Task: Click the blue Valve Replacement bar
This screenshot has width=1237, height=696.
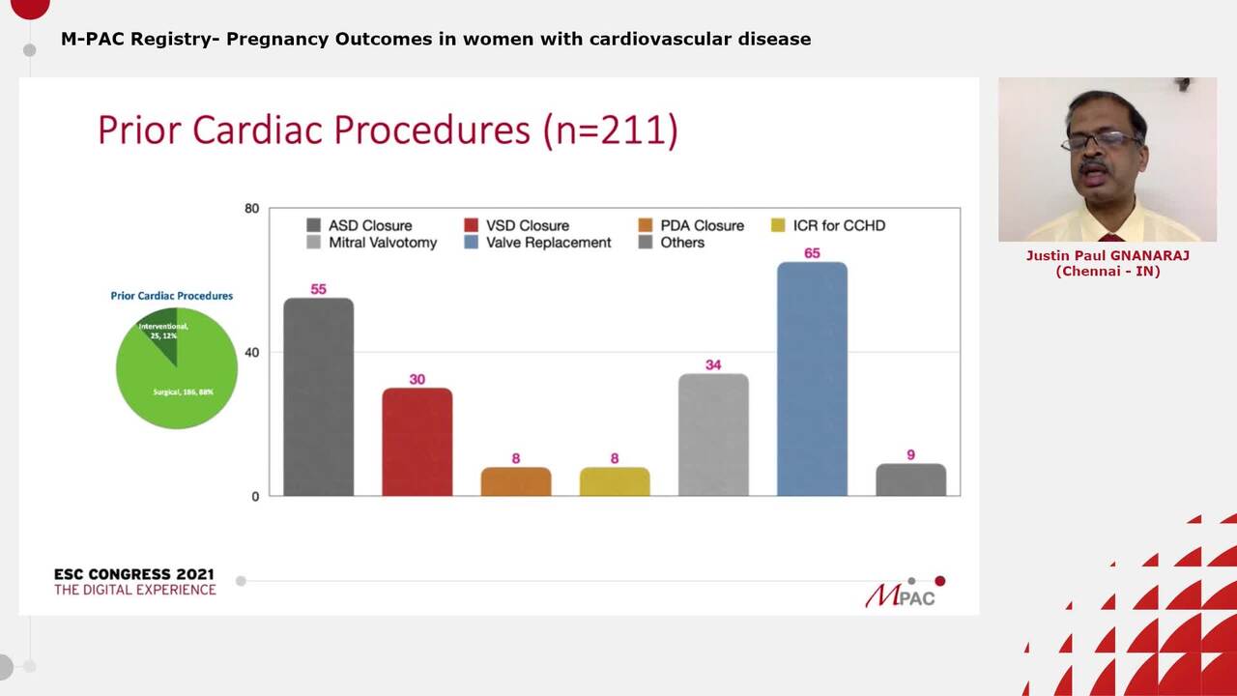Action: tap(812, 379)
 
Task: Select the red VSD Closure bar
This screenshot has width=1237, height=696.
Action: tap(417, 442)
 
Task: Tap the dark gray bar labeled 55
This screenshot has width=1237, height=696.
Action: tap(318, 397)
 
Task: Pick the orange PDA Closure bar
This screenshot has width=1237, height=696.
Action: tap(515, 481)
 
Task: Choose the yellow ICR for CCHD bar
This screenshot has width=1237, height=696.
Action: tap(615, 481)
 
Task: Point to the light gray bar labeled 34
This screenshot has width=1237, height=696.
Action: tap(713, 435)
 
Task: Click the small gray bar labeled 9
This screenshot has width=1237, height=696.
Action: tap(910, 479)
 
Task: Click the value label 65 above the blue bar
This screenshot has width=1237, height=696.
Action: tap(812, 253)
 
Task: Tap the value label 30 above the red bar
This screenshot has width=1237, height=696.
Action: tap(417, 379)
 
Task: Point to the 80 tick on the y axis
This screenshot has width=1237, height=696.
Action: tap(251, 208)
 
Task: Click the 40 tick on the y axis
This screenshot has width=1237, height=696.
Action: tap(251, 352)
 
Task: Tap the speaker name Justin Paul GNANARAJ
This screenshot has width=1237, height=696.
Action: tap(1108, 256)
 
